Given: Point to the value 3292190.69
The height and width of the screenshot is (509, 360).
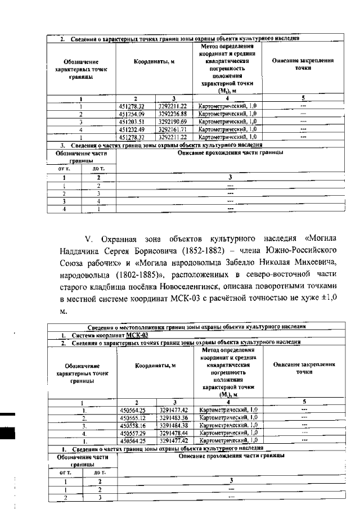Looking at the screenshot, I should point(176,121).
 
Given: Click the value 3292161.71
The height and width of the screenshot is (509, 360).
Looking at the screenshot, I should point(176,129).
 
